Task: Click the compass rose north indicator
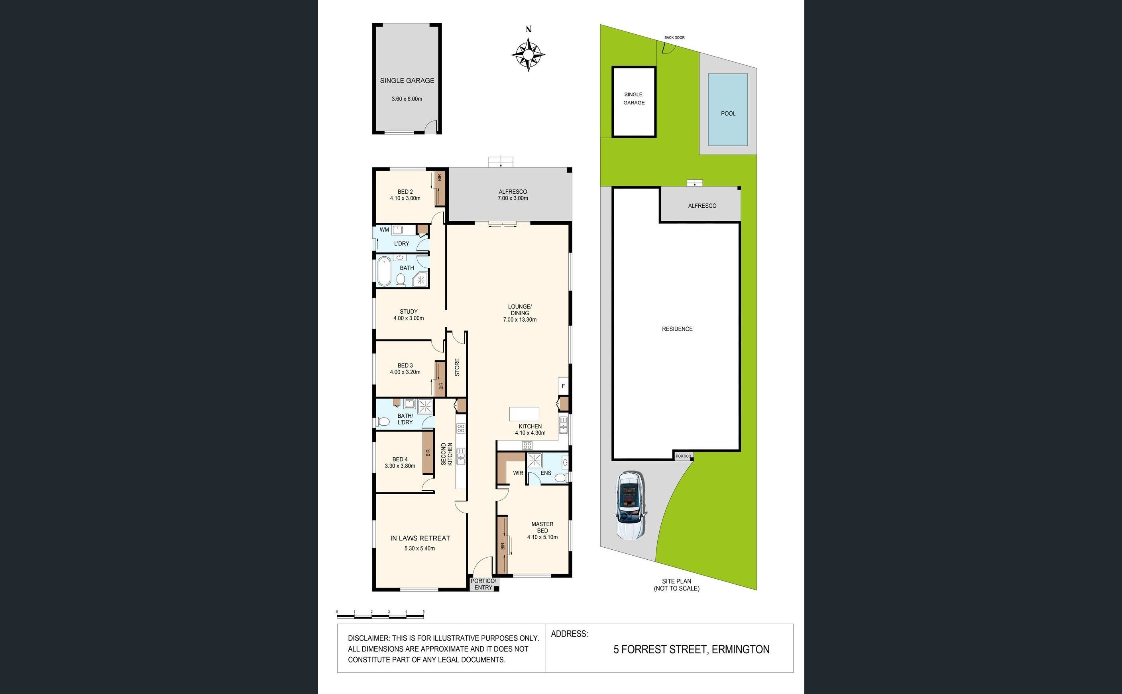click(528, 53)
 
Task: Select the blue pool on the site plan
click(727, 110)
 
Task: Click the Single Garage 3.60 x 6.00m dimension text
click(407, 99)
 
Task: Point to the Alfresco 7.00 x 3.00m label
click(513, 195)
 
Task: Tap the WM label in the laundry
click(384, 230)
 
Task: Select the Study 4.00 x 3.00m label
click(408, 315)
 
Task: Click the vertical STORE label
click(457, 367)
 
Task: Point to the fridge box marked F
click(563, 386)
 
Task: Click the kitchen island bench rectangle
click(524, 414)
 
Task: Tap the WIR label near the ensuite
click(518, 473)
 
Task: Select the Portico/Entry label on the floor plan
click(483, 584)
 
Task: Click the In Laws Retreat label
click(420, 538)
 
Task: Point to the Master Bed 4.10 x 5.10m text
click(542, 530)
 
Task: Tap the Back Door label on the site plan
click(674, 37)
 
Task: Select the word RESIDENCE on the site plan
click(677, 328)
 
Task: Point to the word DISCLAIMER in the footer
click(367, 638)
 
